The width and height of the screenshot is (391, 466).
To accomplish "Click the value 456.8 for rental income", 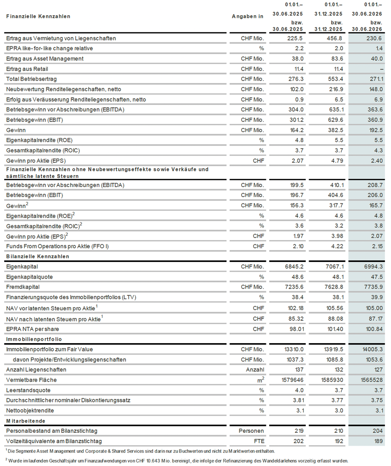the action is [335, 38].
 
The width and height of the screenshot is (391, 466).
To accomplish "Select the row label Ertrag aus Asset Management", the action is [45, 59].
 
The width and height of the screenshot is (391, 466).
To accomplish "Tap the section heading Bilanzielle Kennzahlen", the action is [38, 256].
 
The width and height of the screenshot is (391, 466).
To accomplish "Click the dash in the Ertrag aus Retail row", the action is [382, 69].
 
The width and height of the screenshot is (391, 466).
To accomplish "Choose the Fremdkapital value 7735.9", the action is [373, 287].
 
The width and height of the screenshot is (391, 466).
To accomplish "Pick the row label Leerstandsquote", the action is [28, 390].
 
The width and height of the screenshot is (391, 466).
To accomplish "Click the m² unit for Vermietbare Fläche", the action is [261, 380].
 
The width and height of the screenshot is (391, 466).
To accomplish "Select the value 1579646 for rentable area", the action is [292, 380].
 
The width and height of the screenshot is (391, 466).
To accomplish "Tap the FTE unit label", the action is [259, 441].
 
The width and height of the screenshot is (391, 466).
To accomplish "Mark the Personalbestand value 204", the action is [378, 431].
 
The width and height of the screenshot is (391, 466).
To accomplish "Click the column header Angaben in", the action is [247, 16].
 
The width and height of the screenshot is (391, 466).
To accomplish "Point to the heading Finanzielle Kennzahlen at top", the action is [38, 16].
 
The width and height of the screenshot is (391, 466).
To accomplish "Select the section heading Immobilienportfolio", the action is [34, 339].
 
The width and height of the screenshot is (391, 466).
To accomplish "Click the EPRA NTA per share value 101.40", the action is [335, 329].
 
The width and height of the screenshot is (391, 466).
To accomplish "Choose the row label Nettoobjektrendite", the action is [30, 411].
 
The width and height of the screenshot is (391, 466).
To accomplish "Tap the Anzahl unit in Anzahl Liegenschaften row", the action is [255, 370].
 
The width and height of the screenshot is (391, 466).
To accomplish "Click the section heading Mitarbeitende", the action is [26, 421].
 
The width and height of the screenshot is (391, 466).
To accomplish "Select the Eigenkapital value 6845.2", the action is [294, 267].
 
